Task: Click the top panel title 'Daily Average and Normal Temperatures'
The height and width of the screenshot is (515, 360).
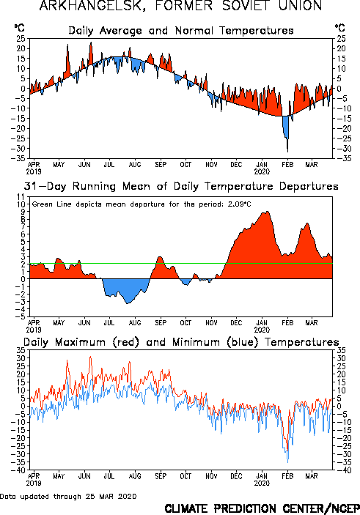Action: coord(181,31)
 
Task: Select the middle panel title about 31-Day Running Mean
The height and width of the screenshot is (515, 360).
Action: coord(181,186)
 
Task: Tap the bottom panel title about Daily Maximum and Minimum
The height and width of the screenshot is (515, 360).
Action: coord(181,342)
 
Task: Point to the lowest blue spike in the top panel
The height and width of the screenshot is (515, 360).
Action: coord(287,151)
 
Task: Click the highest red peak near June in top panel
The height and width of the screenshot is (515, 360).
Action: coord(91,42)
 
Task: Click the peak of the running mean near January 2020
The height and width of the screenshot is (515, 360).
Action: coord(268,212)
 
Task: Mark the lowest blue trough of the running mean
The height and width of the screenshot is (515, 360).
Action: coord(128,303)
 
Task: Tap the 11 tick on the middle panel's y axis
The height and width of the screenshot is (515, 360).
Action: coord(21,197)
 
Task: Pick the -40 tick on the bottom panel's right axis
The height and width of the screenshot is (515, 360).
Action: coord(341,470)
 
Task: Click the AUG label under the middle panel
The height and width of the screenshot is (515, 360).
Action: coord(135,323)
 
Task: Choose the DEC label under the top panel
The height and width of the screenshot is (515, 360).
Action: coord(236,165)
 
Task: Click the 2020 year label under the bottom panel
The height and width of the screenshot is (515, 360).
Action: coord(262,483)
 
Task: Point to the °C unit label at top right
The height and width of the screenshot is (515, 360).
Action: coord(340,28)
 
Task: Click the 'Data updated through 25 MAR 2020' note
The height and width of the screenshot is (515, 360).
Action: coord(68,496)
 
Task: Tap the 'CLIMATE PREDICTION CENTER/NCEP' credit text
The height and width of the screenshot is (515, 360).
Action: coord(262,508)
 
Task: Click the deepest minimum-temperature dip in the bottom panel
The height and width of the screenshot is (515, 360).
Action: coord(288,462)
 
